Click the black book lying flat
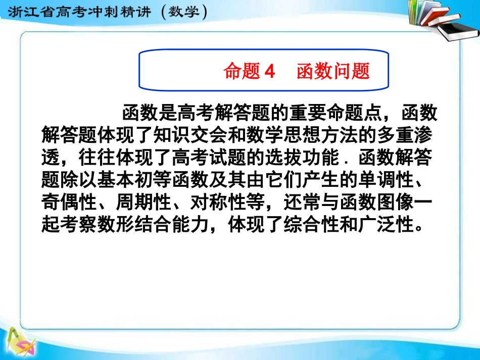pyautogui.click(x=457, y=30)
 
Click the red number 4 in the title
pyautogui.click(x=269, y=72)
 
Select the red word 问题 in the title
pyautogui.click(x=352, y=72)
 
